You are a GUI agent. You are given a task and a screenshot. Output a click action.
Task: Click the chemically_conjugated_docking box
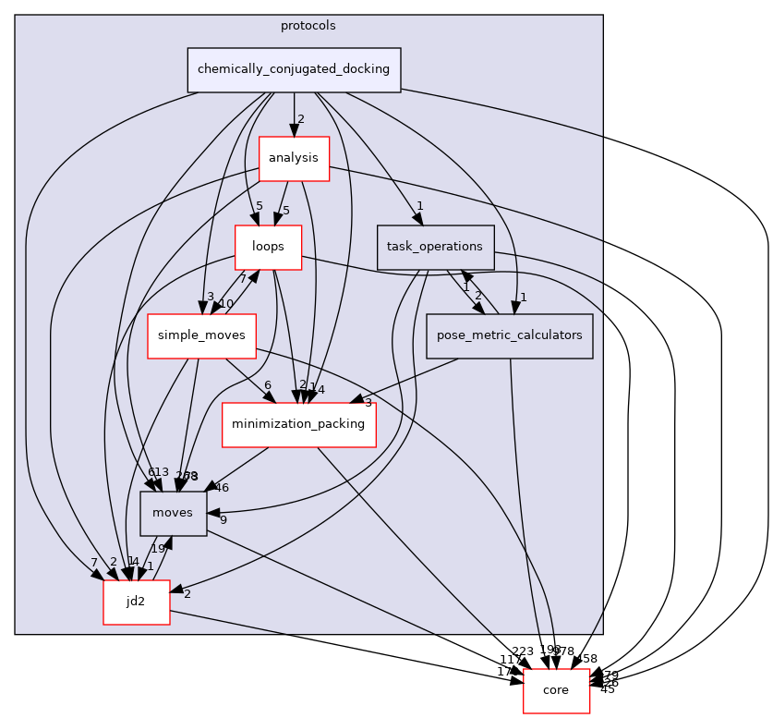point(294,69)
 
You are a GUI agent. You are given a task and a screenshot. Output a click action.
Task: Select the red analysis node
point(294,158)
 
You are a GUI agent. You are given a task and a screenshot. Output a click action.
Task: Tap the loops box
point(268,247)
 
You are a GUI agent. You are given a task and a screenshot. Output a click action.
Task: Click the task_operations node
point(435,247)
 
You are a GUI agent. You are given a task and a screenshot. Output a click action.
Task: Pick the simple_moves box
point(201,336)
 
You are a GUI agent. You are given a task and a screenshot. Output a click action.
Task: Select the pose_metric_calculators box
point(508,335)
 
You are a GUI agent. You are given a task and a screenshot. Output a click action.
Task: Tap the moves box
point(173,513)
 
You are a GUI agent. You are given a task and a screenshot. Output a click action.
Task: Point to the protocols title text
point(308,25)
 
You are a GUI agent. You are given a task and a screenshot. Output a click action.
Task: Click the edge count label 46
point(221,487)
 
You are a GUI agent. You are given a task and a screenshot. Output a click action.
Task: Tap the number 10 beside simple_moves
point(225,304)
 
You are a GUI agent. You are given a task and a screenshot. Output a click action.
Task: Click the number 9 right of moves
point(223,519)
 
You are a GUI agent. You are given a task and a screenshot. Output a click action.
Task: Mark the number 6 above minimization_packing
point(267,384)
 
